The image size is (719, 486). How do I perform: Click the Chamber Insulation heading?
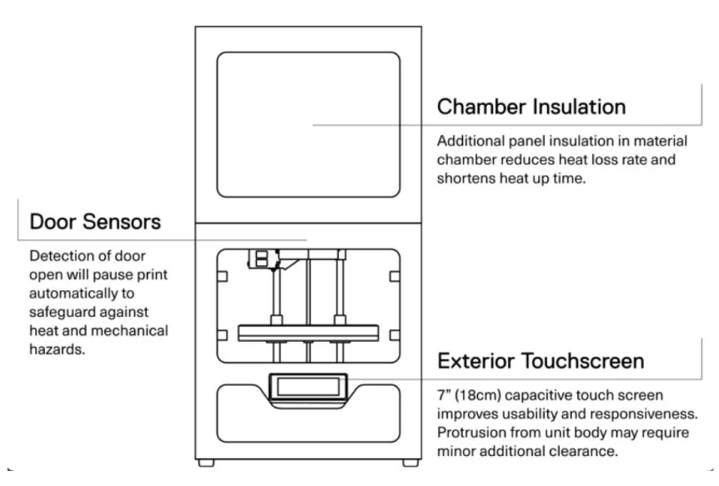pos(532,108)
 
